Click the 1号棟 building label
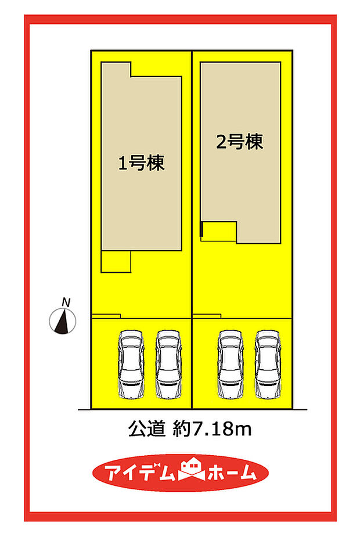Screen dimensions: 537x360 pyautogui.click(x=141, y=163)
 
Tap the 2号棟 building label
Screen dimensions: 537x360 pyautogui.click(x=239, y=142)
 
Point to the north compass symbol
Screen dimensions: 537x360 pyautogui.click(x=64, y=321)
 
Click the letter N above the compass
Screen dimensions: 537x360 pyautogui.click(x=67, y=301)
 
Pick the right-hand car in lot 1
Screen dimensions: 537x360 pyautogui.click(x=167, y=365)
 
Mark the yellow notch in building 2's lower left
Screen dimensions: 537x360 pyautogui.click(x=219, y=231)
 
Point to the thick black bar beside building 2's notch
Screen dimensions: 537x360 pyautogui.click(x=201, y=229)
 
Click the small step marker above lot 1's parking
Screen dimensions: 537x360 pyautogui.click(x=106, y=316)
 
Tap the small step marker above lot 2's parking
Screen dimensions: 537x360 pyautogui.click(x=207, y=316)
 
